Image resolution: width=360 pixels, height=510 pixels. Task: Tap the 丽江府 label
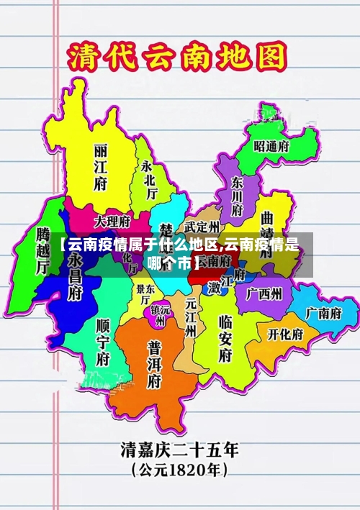(100, 166)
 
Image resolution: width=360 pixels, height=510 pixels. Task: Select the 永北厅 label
(148, 179)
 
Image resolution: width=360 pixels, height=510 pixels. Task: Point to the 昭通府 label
(271, 145)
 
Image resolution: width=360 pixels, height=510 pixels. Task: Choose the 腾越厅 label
(42, 250)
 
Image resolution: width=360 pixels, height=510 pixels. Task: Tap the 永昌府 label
(75, 277)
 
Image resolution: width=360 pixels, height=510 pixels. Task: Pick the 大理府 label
(112, 220)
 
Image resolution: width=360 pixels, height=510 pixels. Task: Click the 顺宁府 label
(103, 341)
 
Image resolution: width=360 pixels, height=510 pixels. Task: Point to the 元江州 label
(191, 317)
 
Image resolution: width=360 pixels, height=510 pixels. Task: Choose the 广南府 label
(322, 313)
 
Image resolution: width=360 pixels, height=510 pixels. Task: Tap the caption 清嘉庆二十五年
(179, 451)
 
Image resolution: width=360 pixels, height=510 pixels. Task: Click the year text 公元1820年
(179, 471)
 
